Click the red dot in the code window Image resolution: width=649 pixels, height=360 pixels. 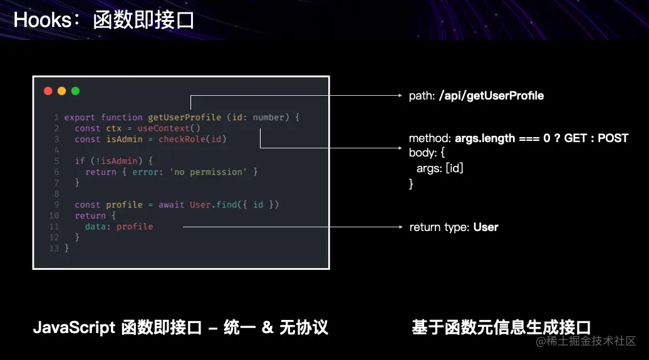[48, 91]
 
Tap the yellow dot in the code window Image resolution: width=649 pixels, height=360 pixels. [61, 91]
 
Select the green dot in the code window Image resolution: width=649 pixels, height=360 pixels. [75, 91]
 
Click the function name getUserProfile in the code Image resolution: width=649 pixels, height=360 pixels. [184, 117]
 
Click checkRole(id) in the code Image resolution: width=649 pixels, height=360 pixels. [192, 139]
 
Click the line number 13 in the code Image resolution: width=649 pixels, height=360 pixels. [54, 249]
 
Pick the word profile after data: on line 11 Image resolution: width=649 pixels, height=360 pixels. [135, 227]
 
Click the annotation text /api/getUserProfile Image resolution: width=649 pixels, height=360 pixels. [491, 96]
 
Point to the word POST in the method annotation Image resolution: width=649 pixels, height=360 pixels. [613, 138]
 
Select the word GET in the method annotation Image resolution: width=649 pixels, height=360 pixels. [575, 138]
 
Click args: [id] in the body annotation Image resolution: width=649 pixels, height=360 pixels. [440, 168]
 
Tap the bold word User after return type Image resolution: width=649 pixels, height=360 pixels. [485, 227]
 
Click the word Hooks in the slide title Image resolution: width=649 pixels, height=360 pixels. [41, 20]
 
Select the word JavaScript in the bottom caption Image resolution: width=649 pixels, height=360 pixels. [74, 327]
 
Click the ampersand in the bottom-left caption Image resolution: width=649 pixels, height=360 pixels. [267, 327]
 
